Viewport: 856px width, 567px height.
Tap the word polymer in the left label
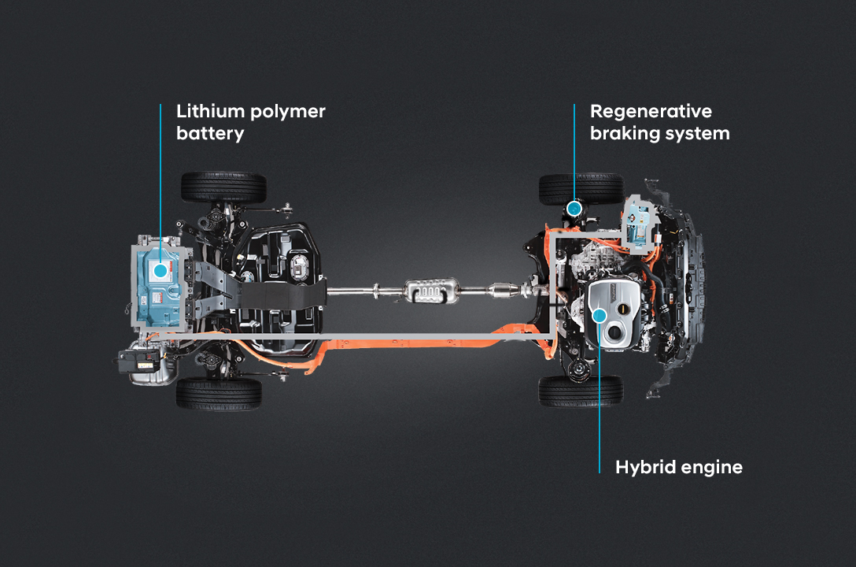(x=282, y=112)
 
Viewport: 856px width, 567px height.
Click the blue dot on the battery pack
(x=160, y=270)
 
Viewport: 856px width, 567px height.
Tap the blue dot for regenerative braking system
(x=575, y=208)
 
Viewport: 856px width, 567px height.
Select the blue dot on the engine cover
(x=600, y=316)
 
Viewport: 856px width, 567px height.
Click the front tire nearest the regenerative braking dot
(x=581, y=188)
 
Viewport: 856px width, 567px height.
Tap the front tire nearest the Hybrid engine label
(x=581, y=391)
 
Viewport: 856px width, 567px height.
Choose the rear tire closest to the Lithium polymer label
(x=223, y=187)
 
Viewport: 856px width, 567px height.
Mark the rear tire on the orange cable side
(x=219, y=393)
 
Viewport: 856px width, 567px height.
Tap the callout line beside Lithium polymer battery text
(x=160, y=173)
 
